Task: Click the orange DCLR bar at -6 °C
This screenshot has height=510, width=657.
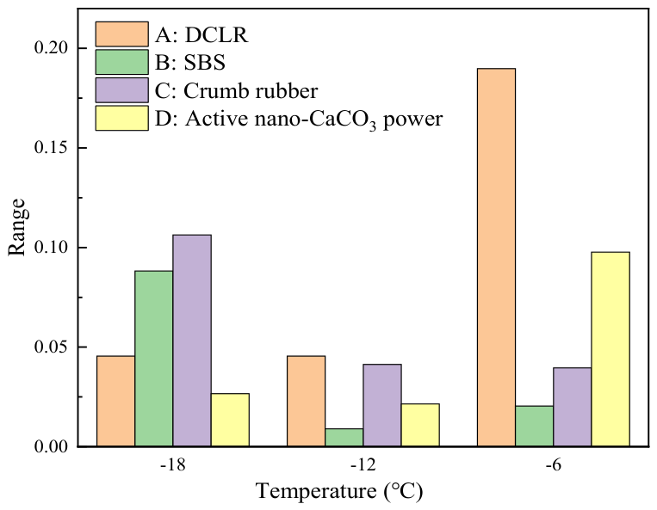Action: tap(497, 257)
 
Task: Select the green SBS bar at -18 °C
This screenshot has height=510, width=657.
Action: tap(154, 359)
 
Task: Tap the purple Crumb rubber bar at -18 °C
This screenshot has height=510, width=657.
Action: tap(192, 341)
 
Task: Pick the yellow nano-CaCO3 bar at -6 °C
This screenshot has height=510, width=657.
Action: tap(611, 349)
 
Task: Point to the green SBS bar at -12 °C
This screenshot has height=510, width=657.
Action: tap(344, 438)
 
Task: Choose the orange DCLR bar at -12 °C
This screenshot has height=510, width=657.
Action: tap(306, 402)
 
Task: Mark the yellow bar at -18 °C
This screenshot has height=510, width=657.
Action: tap(230, 420)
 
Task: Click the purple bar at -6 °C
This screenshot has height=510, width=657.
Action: tap(573, 407)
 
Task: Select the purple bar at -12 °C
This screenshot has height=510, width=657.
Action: tap(382, 405)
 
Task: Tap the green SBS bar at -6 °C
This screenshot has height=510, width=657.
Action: tap(534, 426)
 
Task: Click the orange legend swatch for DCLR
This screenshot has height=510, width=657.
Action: tap(122, 34)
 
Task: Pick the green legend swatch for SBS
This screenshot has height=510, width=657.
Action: tap(122, 62)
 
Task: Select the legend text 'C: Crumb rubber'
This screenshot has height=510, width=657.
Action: tap(236, 91)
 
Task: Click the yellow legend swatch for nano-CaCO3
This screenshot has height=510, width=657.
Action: tap(122, 118)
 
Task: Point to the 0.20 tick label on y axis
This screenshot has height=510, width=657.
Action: tap(51, 48)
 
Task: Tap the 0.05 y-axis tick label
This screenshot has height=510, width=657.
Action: tap(51, 347)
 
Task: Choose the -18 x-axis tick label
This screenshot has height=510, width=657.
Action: tap(172, 465)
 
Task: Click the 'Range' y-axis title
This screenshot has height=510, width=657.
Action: tap(17, 227)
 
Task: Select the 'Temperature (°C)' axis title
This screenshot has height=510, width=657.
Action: tap(339, 491)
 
